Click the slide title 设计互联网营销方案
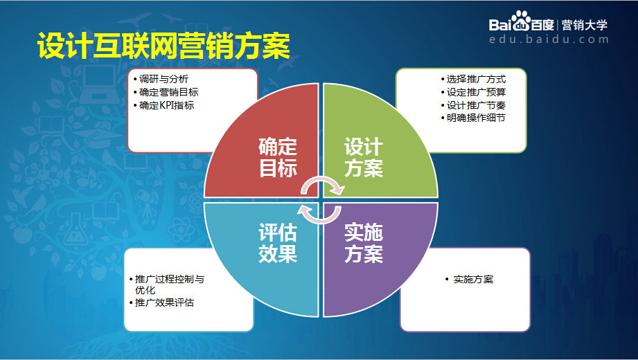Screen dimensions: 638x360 pos(163,46)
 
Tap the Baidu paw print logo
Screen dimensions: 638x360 pos(521,21)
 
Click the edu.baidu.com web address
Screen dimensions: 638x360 pos(549,39)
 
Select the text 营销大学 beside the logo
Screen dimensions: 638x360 pos(584,25)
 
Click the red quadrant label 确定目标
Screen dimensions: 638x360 pos(278,158)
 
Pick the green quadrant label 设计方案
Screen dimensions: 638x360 pos(364,158)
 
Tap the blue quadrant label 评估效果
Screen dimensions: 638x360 pos(278,243)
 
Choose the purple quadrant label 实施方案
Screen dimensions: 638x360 pos(364,243)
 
